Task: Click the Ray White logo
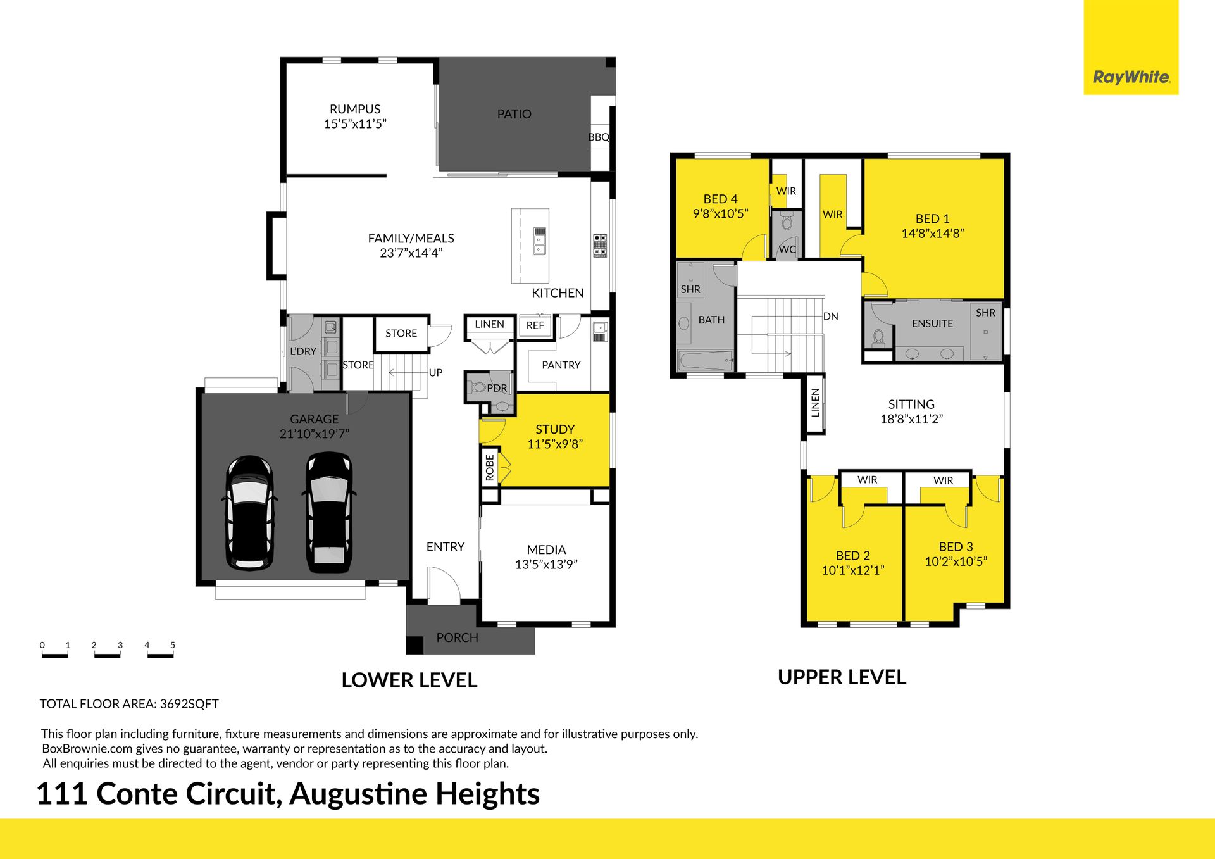(x=1131, y=77)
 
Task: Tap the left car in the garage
(x=250, y=513)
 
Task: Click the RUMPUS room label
(x=355, y=109)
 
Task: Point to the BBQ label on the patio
(x=599, y=137)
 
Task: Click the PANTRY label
(x=561, y=365)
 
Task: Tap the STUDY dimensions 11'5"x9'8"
(x=555, y=444)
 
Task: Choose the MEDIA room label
(x=546, y=550)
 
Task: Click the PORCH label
(x=457, y=638)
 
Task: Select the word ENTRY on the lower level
(x=445, y=547)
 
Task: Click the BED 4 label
(x=720, y=199)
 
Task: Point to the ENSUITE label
(x=932, y=323)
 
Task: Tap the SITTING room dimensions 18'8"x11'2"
(x=911, y=419)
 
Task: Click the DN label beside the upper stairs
(x=831, y=317)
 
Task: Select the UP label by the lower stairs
(x=435, y=373)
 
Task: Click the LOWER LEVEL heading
(x=409, y=680)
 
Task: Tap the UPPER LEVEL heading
(x=842, y=677)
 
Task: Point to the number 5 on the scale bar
(x=173, y=645)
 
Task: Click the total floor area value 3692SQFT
(x=189, y=704)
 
